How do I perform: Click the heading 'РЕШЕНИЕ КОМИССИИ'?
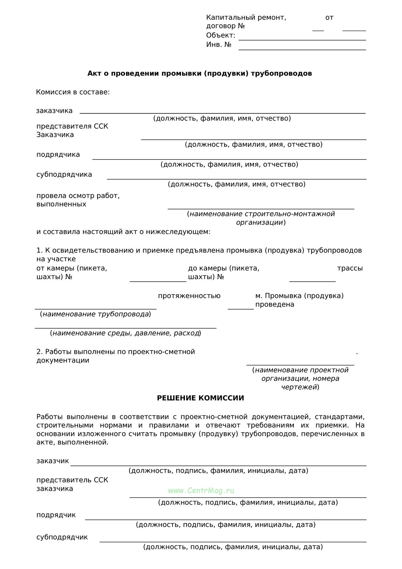[200, 398]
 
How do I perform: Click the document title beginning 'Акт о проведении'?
[200, 73]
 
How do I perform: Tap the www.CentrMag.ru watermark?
[201, 491]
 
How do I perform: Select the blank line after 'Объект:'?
[302, 40]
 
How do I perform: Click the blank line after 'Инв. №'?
[302, 49]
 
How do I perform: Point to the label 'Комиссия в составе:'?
[73, 92]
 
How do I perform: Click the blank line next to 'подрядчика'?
[229, 159]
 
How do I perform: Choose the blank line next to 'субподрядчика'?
[237, 179]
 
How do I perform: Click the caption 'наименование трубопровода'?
[95, 314]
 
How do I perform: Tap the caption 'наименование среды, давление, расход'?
[126, 333]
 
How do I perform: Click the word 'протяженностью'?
[189, 296]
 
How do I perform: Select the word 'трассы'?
[350, 268]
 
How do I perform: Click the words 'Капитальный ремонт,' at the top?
[246, 17]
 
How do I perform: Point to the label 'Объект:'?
[221, 36]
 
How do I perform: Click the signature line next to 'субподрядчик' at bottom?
[233, 541]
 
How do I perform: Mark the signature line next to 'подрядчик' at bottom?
[225, 519]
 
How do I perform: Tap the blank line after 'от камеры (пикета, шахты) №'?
[158, 281]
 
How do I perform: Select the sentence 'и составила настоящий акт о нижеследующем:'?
[123, 232]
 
